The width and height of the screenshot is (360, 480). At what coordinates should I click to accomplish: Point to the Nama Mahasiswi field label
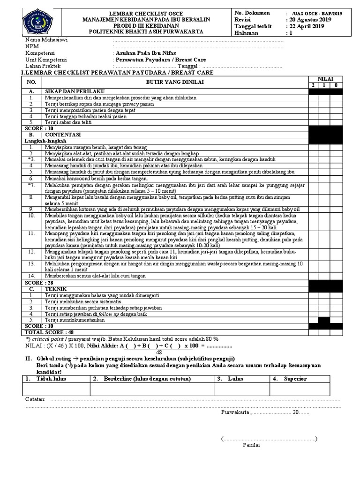[x=46, y=40]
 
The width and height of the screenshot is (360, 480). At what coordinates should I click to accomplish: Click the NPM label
[x=32, y=47]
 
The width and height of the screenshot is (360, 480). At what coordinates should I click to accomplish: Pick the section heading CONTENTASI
[x=63, y=134]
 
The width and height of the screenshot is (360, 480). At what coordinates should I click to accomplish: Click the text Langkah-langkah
[x=45, y=141]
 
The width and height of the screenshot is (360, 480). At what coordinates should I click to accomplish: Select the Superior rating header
[x=295, y=378]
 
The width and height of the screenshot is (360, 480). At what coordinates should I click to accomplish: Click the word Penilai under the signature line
[x=251, y=445]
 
